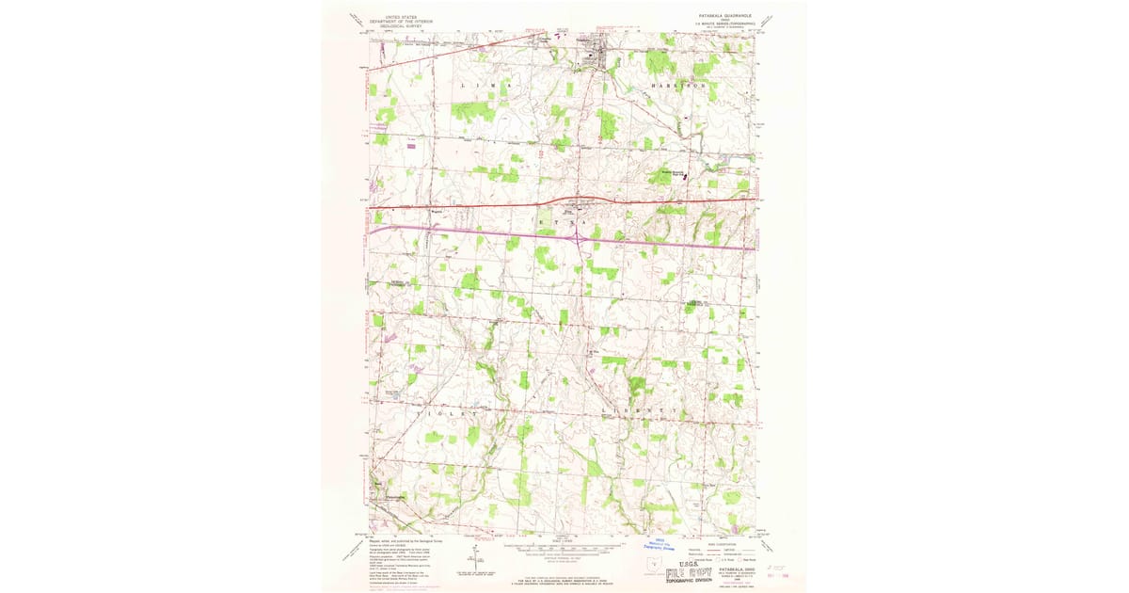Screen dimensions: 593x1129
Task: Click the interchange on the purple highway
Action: pos(575,238)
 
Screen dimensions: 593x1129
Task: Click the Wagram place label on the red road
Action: pos(436,212)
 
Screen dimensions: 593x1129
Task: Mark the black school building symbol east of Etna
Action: pos(684,174)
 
